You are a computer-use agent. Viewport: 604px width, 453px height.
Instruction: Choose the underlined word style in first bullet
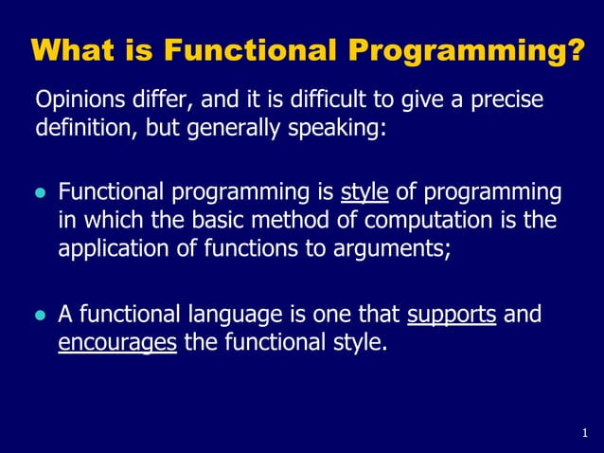click(x=364, y=194)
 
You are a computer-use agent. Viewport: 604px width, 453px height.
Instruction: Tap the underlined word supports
click(x=452, y=315)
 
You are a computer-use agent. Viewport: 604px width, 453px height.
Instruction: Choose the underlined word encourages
click(x=117, y=342)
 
